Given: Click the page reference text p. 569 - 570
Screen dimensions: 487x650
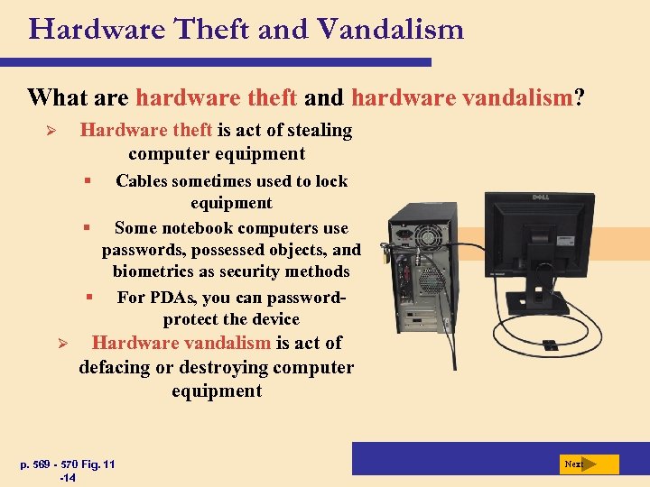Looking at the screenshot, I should (x=52, y=464).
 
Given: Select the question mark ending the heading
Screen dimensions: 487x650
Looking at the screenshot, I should (x=579, y=96).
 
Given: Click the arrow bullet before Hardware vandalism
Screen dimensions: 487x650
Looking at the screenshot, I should (x=63, y=344).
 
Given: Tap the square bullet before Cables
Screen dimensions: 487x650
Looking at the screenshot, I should (x=88, y=181).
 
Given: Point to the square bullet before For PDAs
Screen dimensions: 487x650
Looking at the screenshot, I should (x=89, y=297).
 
